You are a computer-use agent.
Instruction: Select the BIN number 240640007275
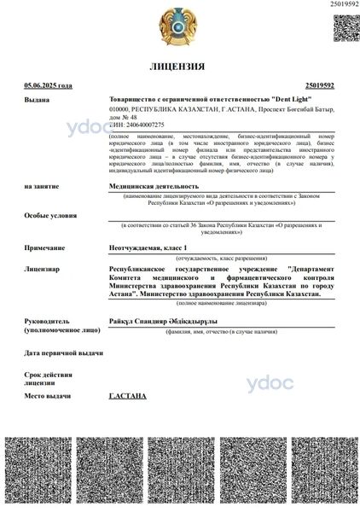141,125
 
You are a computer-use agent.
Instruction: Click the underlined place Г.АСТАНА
128,397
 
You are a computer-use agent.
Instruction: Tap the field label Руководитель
51,320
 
